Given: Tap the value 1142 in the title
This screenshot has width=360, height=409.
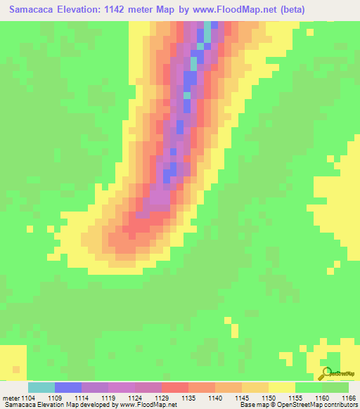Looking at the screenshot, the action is (x=132, y=9).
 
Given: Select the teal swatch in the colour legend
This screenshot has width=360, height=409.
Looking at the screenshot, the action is (x=41, y=387).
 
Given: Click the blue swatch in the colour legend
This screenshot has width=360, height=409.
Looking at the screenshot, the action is (x=68, y=387).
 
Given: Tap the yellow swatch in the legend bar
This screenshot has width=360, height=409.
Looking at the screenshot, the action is (x=281, y=387).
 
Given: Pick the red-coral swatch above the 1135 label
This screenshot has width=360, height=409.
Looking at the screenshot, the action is (x=174, y=387).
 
